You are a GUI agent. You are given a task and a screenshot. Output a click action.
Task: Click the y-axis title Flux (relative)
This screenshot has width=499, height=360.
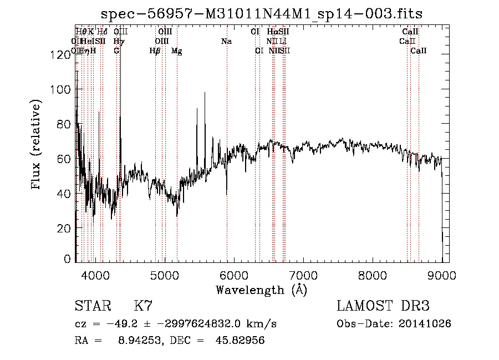coord(37,145)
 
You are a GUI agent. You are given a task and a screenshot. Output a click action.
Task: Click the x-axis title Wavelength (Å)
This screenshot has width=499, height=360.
coord(261,290)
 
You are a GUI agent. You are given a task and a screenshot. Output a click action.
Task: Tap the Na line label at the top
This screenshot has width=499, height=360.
coord(226,42)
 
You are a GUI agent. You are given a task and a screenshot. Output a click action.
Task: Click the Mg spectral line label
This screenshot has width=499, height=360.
coord(176,51)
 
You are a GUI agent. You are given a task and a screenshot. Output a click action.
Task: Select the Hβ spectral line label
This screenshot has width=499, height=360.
coord(155,51)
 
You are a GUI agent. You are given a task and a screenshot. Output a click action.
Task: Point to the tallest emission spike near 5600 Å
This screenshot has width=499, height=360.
coord(205,93)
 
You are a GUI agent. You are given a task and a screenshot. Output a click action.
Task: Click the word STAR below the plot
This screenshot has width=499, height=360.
coord(92,306)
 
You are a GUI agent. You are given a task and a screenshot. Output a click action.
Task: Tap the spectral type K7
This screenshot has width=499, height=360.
coord(143,306)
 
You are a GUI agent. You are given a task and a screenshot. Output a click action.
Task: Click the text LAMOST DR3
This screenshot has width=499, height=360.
coord(383,306)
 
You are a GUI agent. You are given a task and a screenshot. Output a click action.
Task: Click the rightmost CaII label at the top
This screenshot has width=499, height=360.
coord(419,51)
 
